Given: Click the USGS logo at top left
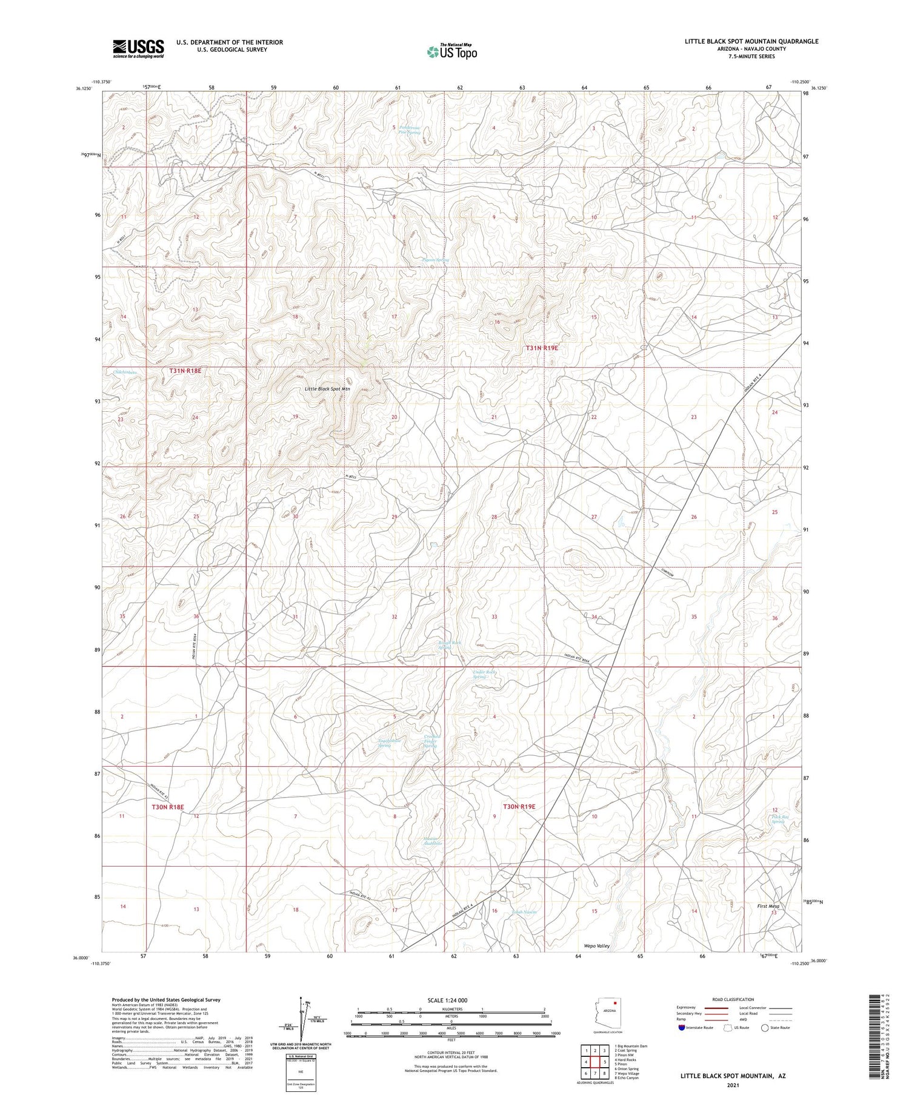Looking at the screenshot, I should [138, 48].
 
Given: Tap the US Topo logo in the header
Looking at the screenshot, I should [451, 51].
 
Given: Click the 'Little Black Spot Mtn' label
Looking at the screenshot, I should [327, 389].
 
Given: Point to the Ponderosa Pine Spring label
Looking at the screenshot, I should [409, 130].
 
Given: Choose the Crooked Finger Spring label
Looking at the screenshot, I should [430, 741].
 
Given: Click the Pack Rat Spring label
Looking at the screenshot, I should [777, 819].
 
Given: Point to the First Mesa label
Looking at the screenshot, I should [768, 906].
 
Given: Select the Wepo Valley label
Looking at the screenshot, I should [596, 945].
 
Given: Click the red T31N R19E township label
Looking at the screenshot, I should [541, 348].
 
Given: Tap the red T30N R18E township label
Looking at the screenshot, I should [167, 807].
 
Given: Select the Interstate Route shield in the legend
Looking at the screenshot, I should [682, 1028].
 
